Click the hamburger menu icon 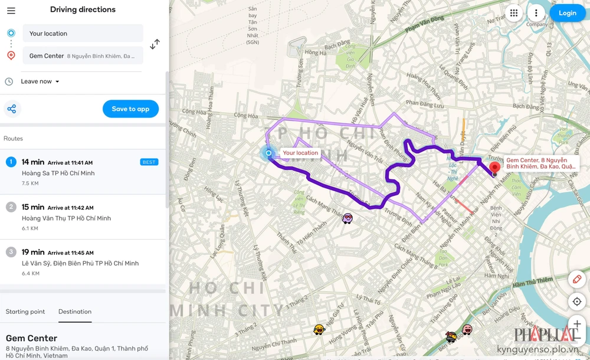point(11,11)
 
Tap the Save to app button point(130,109)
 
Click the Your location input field point(83,34)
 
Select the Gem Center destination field point(83,56)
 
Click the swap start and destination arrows point(155,44)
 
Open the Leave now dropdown point(40,81)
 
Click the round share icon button point(12,109)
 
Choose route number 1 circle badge point(11,162)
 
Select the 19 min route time point(33,252)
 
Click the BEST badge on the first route point(149,162)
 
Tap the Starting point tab point(25,312)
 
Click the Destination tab point(75,312)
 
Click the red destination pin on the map point(495,167)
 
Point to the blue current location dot point(268,153)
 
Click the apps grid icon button point(514,13)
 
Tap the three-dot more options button point(536,13)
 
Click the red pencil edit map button point(577,279)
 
